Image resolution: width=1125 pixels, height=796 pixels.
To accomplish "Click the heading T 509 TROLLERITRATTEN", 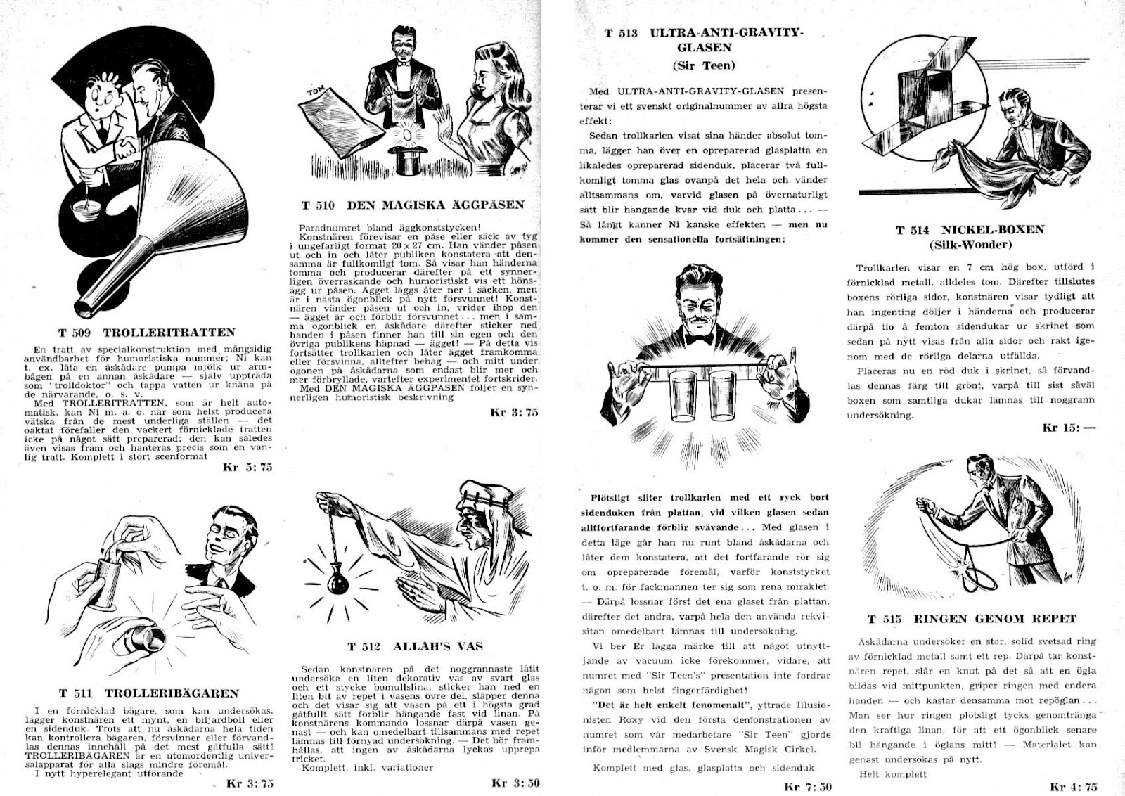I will (147, 333).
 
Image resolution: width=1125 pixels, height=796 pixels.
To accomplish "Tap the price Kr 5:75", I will (247, 466).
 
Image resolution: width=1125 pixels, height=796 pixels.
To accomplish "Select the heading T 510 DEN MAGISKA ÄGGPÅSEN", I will (413, 205).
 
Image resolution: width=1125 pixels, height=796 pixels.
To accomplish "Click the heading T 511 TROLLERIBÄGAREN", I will (148, 693).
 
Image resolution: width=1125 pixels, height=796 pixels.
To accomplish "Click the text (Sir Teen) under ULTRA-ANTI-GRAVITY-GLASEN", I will (703, 66).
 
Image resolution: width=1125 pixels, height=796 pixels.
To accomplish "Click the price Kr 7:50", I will (809, 787).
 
